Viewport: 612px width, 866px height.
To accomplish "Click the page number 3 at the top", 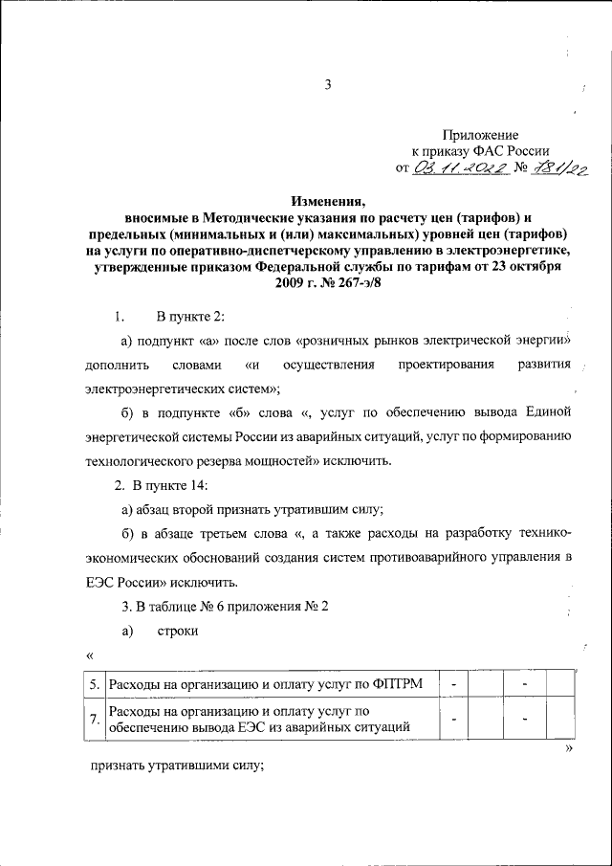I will (327, 85).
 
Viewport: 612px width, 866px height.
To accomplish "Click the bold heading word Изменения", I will (329, 202).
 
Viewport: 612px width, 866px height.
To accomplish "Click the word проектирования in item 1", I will (414, 365).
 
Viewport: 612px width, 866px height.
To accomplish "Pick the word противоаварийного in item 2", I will (430, 558).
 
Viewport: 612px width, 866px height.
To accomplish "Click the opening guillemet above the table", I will (89, 655).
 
